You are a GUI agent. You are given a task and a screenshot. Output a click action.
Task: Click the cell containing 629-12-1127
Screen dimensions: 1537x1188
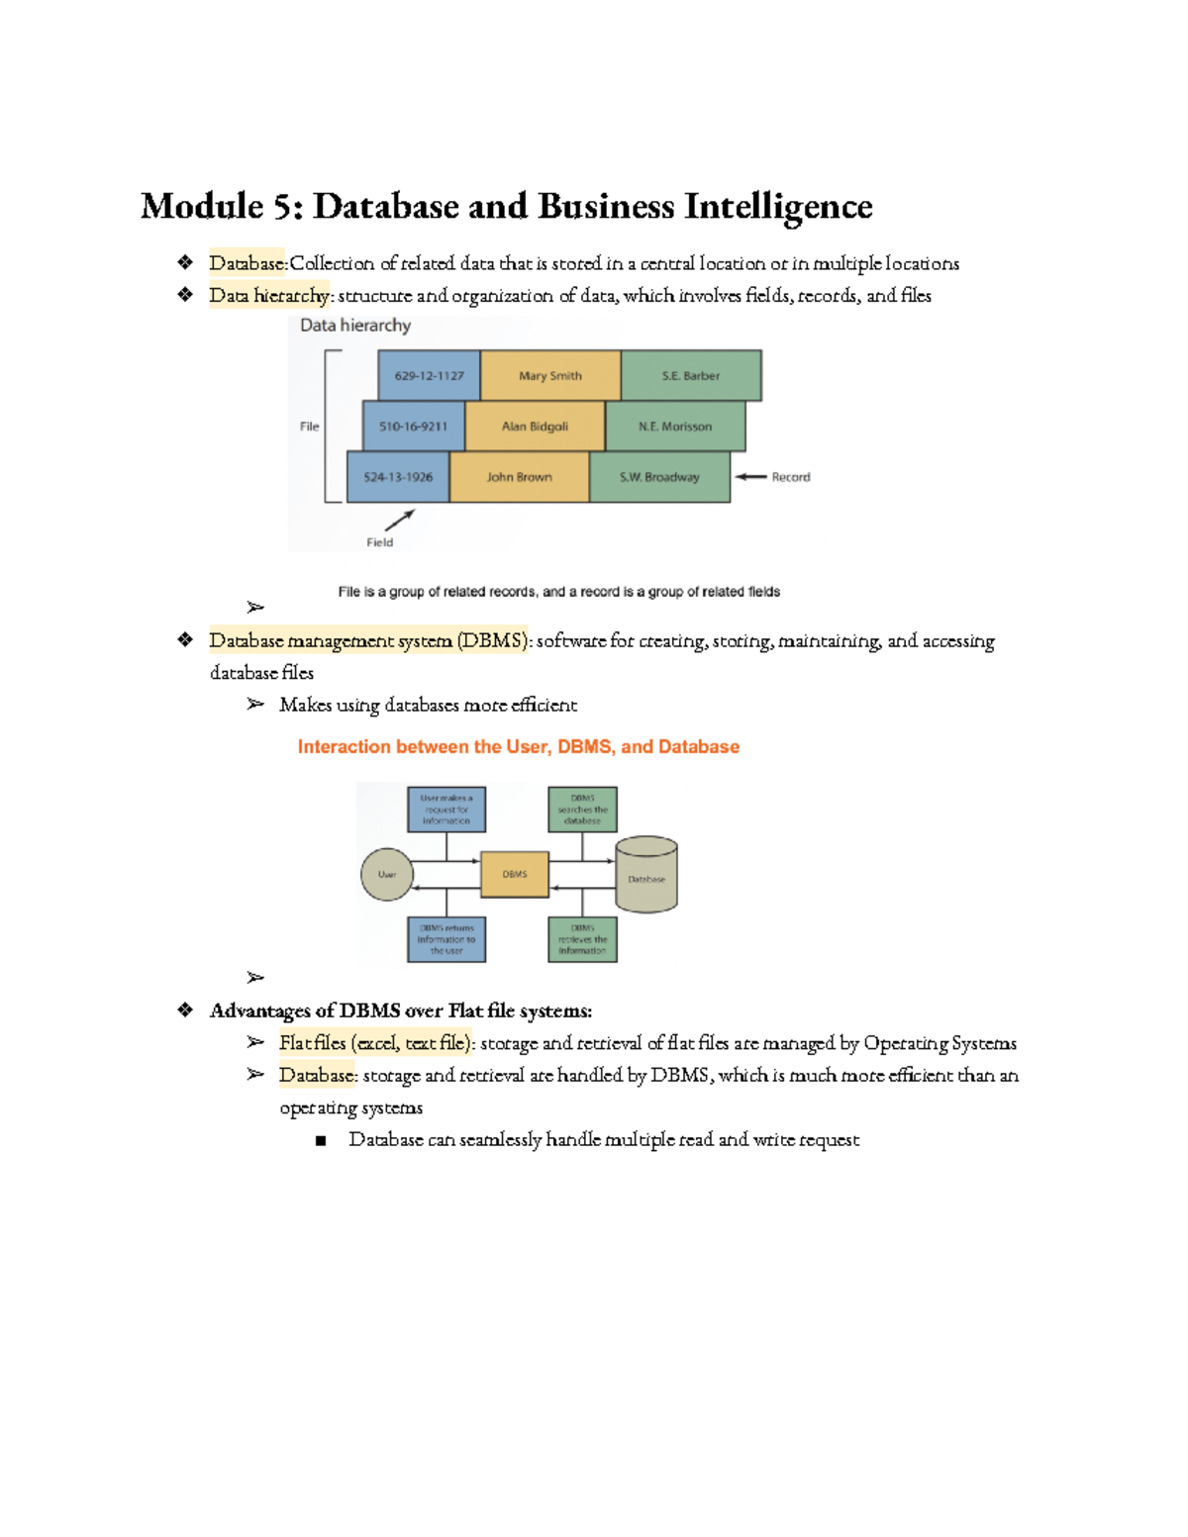coord(429,376)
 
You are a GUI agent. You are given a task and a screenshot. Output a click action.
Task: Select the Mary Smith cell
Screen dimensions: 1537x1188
coord(550,376)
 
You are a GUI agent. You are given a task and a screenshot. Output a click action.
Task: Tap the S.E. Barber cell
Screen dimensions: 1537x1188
coord(691,376)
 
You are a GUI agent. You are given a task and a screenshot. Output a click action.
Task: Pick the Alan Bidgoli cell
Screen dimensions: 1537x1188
coord(535,427)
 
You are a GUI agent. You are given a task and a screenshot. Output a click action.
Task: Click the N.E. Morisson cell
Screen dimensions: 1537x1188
coord(675,427)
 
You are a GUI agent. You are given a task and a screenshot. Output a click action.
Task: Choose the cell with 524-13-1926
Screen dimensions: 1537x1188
coord(398,477)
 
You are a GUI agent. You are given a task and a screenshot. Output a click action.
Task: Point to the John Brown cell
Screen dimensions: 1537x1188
coord(520,477)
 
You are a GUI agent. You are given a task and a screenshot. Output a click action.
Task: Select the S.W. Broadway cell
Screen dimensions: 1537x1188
coord(659,477)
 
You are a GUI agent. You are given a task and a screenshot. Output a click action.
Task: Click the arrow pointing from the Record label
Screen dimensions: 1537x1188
coord(750,477)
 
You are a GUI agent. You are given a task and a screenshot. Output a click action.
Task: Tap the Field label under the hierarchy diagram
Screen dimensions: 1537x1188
coord(379,542)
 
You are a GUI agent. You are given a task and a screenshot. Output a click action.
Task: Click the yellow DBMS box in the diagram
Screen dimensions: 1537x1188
coord(515,875)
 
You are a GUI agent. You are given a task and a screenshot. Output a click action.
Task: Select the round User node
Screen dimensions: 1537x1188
coord(386,875)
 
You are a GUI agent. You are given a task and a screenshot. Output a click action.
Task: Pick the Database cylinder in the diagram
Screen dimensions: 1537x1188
coord(646,875)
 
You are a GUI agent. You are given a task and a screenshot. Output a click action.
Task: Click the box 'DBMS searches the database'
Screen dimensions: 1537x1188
coord(582,810)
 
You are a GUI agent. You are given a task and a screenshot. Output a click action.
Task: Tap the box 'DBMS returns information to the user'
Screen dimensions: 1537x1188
coord(446,939)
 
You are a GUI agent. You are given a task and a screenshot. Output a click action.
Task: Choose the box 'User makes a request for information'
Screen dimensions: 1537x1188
coord(446,810)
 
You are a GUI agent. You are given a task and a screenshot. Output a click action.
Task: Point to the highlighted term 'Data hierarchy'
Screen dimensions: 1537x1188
coord(268,296)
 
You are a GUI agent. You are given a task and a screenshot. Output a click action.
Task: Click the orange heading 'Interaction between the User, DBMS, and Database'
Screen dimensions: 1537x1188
coord(519,747)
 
